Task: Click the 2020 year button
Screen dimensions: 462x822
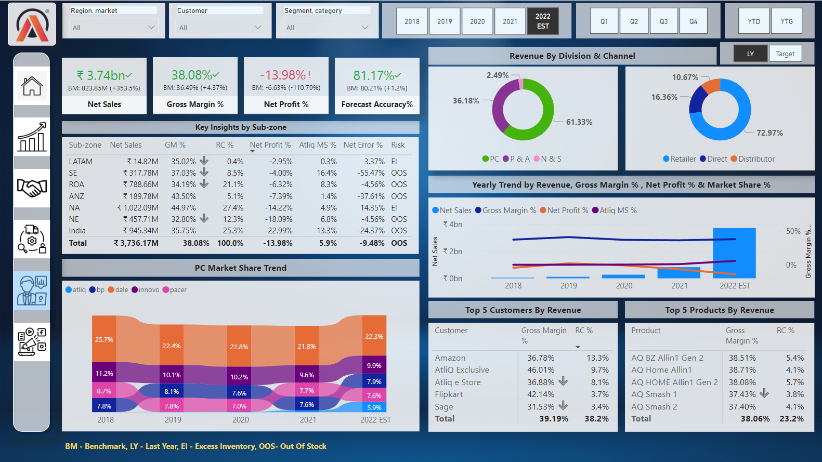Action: pyautogui.click(x=477, y=21)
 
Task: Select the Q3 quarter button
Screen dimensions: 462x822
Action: pyautogui.click(x=663, y=21)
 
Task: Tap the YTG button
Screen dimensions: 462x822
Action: pyautogui.click(x=786, y=21)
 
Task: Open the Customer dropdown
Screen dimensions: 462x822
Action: pyautogui.click(x=220, y=27)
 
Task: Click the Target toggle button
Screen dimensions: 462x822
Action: pyautogui.click(x=785, y=54)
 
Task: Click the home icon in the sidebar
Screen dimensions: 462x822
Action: pyautogui.click(x=32, y=86)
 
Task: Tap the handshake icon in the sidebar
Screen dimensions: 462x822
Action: pyautogui.click(x=32, y=188)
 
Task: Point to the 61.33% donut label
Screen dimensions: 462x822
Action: pyautogui.click(x=579, y=122)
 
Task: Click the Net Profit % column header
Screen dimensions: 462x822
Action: pyautogui.click(x=270, y=145)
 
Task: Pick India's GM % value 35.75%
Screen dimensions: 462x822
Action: pyautogui.click(x=184, y=231)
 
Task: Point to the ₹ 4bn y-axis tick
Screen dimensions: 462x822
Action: pyautogui.click(x=452, y=225)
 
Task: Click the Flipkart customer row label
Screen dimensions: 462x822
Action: pyautogui.click(x=449, y=394)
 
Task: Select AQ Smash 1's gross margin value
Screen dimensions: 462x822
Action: pyautogui.click(x=742, y=394)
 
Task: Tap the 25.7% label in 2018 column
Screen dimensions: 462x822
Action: pyautogui.click(x=104, y=339)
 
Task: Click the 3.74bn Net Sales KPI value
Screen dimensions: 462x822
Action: pyautogui.click(x=104, y=75)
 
